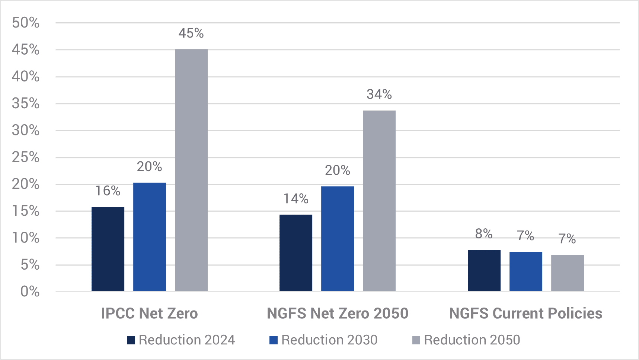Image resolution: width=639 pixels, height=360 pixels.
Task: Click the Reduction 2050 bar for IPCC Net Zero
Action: pyautogui.click(x=191, y=170)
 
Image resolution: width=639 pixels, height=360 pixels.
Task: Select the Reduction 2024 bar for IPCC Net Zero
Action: pyautogui.click(x=108, y=249)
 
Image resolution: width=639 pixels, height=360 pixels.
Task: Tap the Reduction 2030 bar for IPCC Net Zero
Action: pyautogui.click(x=150, y=237)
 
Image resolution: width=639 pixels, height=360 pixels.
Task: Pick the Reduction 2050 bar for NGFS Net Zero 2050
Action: pyautogui.click(x=379, y=201)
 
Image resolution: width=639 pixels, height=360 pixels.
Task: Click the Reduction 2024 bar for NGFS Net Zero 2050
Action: pyautogui.click(x=296, y=253)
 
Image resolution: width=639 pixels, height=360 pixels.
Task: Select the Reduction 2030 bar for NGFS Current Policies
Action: pyautogui.click(x=526, y=271)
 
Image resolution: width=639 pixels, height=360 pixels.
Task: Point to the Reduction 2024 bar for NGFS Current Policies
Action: pyautogui.click(x=484, y=270)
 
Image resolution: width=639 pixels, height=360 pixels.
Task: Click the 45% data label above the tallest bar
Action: pyautogui.click(x=191, y=33)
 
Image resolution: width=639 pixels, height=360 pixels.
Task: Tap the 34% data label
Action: pyautogui.click(x=379, y=94)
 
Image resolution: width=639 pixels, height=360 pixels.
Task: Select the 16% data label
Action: pyautogui.click(x=108, y=191)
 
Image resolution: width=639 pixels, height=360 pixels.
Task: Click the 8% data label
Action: pyautogui.click(x=484, y=234)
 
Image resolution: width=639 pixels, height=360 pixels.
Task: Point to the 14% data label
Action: pyautogui.click(x=296, y=199)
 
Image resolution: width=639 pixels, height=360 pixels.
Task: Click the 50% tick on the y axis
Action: pyautogui.click(x=26, y=23)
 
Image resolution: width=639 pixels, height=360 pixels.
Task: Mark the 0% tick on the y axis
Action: pyautogui.click(x=30, y=291)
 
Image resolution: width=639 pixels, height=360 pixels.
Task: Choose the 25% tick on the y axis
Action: pyautogui.click(x=26, y=157)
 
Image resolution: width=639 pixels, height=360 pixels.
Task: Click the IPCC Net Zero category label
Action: pyautogui.click(x=150, y=314)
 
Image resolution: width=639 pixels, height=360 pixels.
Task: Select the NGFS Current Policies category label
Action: pyautogui.click(x=526, y=314)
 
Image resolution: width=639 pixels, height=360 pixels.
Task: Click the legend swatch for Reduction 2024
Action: pyautogui.click(x=131, y=340)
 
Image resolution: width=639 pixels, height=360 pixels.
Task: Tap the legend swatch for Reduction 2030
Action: pyautogui.click(x=274, y=340)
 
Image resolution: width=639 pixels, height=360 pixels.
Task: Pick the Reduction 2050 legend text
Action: pyautogui.click(x=472, y=340)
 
